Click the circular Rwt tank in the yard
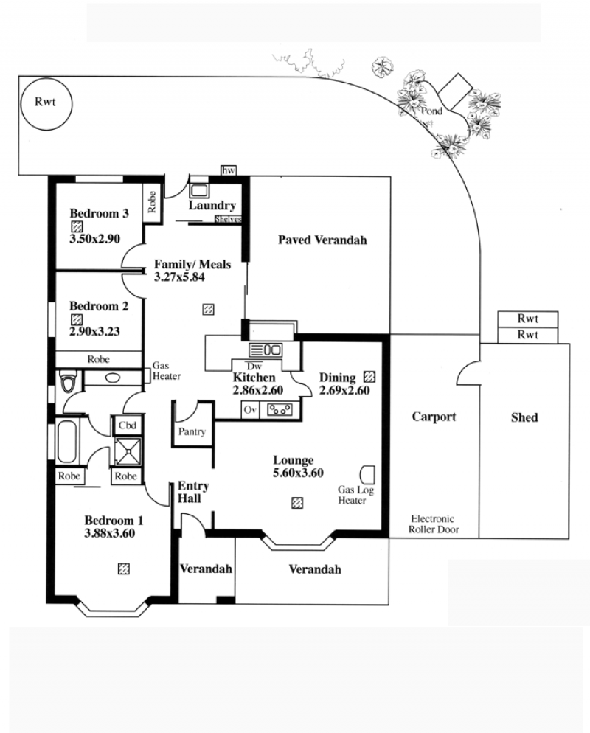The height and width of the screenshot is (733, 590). pyautogui.click(x=45, y=103)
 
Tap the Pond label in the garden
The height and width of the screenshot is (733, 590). pyautogui.click(x=431, y=111)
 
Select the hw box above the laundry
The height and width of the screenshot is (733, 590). pyautogui.click(x=228, y=170)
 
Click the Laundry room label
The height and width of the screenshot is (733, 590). pyautogui.click(x=212, y=205)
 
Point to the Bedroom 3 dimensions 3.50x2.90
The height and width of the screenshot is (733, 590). pyautogui.click(x=95, y=238)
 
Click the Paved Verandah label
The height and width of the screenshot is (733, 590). pyautogui.click(x=322, y=240)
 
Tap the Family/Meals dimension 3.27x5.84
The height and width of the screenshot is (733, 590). pyautogui.click(x=179, y=277)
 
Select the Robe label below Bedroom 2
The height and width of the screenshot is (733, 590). pyautogui.click(x=98, y=359)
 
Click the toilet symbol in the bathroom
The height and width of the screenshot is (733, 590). pyautogui.click(x=69, y=381)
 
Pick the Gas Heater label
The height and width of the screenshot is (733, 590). pyautogui.click(x=167, y=371)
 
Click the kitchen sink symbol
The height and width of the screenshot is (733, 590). pyautogui.click(x=265, y=350)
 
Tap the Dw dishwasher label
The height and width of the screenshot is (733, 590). pyautogui.click(x=254, y=366)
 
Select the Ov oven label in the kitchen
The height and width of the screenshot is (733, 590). pyautogui.click(x=250, y=410)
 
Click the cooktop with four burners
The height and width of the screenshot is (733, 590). pyautogui.click(x=280, y=410)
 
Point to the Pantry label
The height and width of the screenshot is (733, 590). pyautogui.click(x=192, y=431)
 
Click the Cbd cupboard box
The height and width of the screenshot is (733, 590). pyautogui.click(x=127, y=425)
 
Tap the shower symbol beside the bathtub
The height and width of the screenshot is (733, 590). pyautogui.click(x=128, y=451)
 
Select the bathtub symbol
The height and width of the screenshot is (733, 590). pyautogui.click(x=66, y=442)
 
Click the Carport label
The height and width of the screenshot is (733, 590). pyautogui.click(x=434, y=417)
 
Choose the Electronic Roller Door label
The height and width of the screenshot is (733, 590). pyautogui.click(x=434, y=524)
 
